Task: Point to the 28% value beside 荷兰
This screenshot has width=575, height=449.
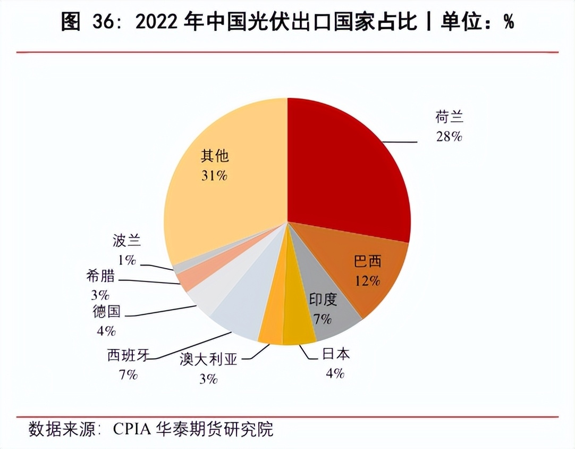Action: (449, 137)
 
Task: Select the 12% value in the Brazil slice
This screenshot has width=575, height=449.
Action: (367, 280)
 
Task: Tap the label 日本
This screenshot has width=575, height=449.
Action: (336, 355)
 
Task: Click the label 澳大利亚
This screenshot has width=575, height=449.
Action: (208, 360)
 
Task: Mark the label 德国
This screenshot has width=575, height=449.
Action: (107, 312)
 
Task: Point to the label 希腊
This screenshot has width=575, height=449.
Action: (100, 276)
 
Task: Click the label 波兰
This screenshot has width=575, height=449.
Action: (127, 241)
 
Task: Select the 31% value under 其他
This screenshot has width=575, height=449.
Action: (214, 175)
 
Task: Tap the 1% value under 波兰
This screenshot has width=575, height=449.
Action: (127, 260)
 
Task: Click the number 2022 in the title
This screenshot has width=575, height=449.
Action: (158, 22)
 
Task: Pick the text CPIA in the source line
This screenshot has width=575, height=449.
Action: (132, 429)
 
